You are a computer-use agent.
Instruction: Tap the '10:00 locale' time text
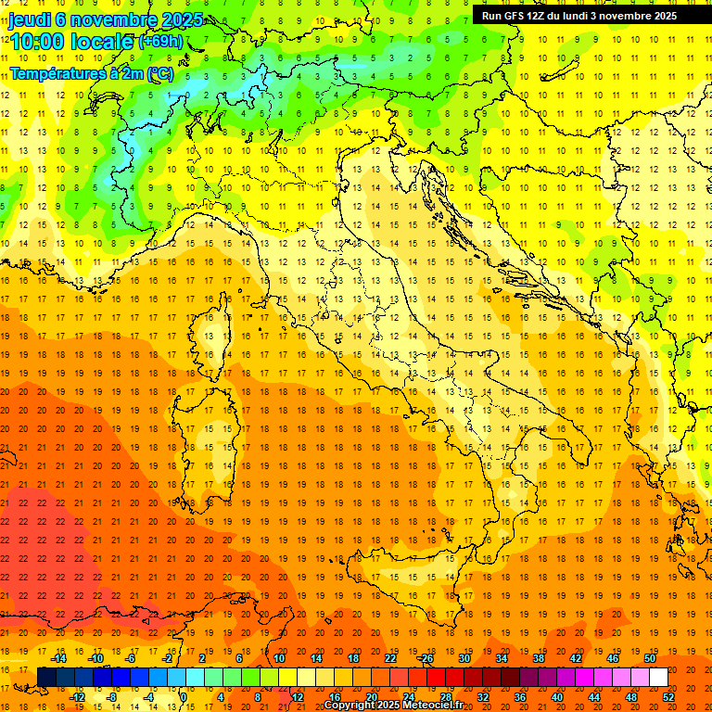click(71, 41)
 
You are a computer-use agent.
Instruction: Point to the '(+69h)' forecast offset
click(160, 41)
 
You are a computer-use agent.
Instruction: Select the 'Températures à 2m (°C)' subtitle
click(92, 72)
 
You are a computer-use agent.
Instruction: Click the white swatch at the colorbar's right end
click(658, 678)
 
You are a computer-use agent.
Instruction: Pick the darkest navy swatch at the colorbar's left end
click(46, 678)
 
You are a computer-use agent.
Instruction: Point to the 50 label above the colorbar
click(650, 658)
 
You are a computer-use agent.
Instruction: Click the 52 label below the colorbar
click(668, 697)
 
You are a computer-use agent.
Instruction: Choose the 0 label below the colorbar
click(184, 697)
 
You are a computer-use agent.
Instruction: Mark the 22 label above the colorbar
click(390, 658)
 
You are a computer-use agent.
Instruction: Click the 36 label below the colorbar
click(520, 697)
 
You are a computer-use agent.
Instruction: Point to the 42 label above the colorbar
click(576, 658)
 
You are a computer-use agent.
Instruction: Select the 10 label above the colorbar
click(279, 658)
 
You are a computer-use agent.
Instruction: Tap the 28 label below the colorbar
click(446, 697)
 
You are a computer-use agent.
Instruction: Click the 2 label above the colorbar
click(202, 658)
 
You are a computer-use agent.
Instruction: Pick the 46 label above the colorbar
click(613, 658)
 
